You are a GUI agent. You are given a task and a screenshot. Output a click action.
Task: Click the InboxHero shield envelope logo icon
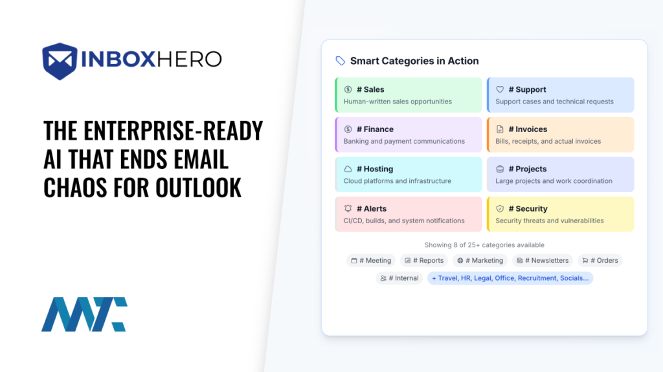tap(60, 61)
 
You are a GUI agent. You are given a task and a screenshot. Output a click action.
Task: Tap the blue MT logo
tap(84, 314)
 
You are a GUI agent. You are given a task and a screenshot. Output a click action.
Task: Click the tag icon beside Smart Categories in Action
tap(340, 61)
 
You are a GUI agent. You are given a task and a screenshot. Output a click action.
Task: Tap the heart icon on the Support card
tap(500, 89)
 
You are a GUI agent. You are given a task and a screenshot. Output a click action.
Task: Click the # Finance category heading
tap(375, 129)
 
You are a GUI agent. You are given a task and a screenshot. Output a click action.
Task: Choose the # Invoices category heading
tap(528, 129)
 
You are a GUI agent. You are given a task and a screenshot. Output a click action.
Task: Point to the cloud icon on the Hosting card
tap(348, 169)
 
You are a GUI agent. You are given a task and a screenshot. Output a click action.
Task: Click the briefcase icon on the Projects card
tap(500, 169)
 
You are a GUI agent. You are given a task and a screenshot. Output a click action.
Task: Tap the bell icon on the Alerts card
tap(348, 209)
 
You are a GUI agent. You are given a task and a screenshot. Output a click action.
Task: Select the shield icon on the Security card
tap(500, 209)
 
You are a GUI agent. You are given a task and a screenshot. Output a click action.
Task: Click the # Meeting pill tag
tap(371, 260)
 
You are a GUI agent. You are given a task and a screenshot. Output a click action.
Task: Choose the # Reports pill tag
tap(424, 260)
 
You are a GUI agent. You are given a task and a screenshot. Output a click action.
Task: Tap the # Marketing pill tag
tap(480, 260)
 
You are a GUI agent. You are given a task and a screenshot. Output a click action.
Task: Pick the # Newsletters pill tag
tap(542, 260)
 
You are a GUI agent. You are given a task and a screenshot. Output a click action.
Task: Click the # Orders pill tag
tap(600, 260)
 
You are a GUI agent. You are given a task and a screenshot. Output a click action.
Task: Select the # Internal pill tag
tap(399, 278)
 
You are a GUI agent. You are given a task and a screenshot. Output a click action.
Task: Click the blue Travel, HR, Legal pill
tap(510, 278)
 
